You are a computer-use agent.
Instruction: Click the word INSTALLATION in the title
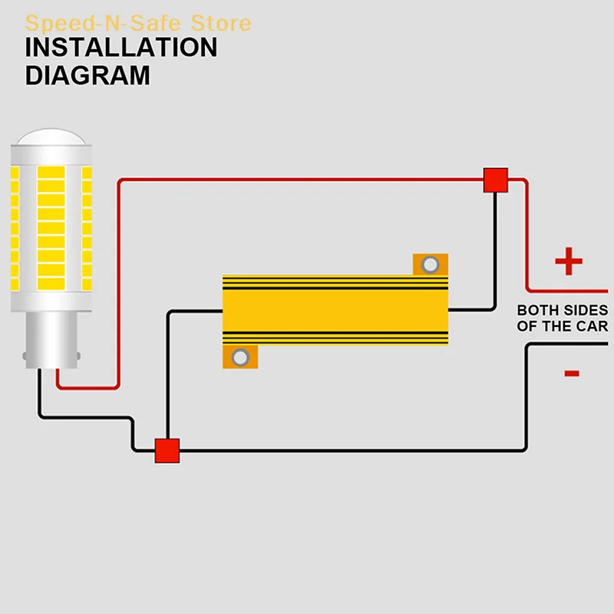click(x=121, y=48)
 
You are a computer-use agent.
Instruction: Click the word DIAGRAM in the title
click(x=87, y=75)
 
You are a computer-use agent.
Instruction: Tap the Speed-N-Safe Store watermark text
click(x=138, y=23)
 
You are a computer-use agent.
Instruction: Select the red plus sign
click(x=569, y=262)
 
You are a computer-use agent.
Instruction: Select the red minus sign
click(x=571, y=374)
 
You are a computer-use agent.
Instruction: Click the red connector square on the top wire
click(x=496, y=180)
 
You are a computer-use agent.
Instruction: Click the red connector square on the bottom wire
click(x=167, y=450)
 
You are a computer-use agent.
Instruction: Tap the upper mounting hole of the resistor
click(x=431, y=265)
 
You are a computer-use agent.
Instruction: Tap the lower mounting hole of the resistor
click(x=241, y=357)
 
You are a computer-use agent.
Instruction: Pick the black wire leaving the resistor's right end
click(x=472, y=310)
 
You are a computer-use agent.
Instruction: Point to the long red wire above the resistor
click(x=307, y=180)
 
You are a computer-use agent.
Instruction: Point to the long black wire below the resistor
click(x=345, y=450)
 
